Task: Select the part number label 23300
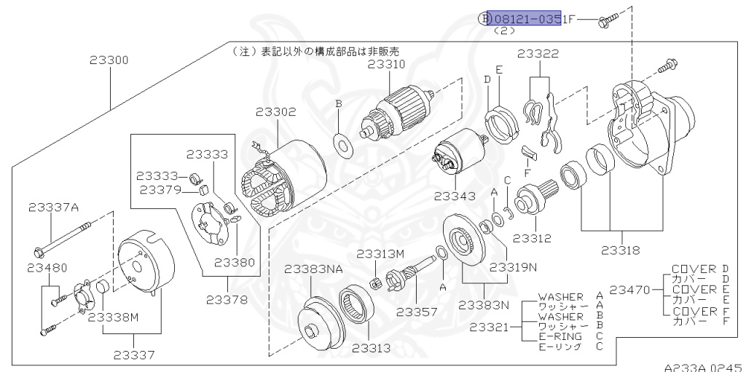[x=109, y=60]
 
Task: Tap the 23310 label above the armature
[x=386, y=64]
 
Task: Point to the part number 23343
[x=454, y=196]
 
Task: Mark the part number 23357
[x=417, y=312]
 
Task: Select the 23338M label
[x=113, y=317]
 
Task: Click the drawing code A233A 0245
[x=703, y=367]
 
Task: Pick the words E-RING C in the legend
[x=570, y=336]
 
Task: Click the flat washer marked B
[x=339, y=143]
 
